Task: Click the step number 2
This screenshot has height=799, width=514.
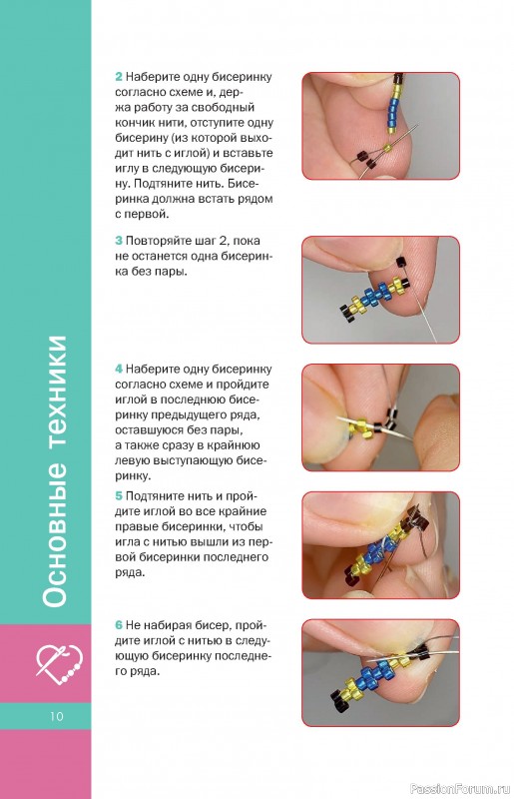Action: click(118, 77)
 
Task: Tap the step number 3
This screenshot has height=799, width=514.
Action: click(118, 241)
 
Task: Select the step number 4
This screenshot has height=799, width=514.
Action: click(118, 369)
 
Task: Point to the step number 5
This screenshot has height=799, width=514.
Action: click(118, 496)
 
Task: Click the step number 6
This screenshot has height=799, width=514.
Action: click(118, 625)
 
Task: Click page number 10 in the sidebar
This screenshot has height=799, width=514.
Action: click(57, 716)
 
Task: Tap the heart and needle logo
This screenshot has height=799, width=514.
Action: click(59, 664)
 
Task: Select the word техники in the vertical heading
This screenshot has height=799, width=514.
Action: click(55, 394)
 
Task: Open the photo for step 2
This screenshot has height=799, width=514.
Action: click(381, 126)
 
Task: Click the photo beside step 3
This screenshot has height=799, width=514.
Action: click(381, 290)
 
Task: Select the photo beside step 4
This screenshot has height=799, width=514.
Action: click(381, 417)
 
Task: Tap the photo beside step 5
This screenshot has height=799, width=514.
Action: click(381, 545)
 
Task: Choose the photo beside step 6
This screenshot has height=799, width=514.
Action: click(381, 673)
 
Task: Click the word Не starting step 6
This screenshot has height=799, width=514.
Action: click(132, 625)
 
